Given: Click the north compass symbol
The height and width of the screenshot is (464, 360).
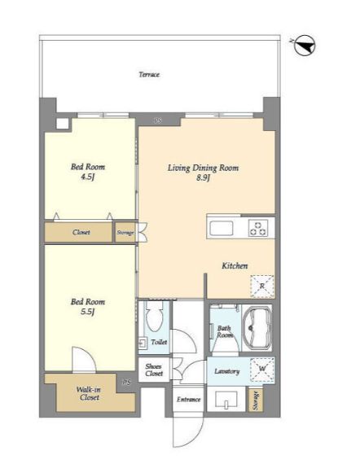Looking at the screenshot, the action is [x=305, y=46].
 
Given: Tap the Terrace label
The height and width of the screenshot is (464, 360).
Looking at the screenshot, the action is [x=149, y=75].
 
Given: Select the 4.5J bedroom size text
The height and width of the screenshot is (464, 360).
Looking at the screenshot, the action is [x=88, y=177].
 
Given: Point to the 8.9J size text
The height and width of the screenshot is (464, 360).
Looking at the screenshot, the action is [x=203, y=178].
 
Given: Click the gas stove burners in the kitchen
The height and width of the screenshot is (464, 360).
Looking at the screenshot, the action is [x=258, y=228].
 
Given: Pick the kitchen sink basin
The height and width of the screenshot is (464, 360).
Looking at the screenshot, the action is [x=222, y=228].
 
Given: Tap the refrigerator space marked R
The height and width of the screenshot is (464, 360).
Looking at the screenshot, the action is [x=262, y=287].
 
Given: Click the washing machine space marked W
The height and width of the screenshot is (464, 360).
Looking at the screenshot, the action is [x=262, y=370].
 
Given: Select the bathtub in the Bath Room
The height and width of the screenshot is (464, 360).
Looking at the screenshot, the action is [x=257, y=328].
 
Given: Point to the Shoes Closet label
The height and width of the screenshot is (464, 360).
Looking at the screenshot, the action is [x=154, y=370].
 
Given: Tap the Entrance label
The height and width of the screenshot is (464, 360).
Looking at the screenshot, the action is [x=189, y=400].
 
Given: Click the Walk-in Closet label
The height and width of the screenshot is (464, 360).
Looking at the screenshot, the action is [x=89, y=393].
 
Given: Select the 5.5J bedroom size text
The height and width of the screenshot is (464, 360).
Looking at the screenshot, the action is [x=88, y=312].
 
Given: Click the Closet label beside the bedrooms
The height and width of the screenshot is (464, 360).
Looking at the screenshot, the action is [x=81, y=232].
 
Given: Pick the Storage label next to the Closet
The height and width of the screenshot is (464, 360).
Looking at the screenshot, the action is [x=125, y=233].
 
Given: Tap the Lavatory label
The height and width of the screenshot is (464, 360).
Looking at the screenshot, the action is [x=226, y=371].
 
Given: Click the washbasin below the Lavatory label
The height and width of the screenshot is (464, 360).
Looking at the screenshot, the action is [x=226, y=400].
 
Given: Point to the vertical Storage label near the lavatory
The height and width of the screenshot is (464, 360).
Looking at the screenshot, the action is [x=256, y=401].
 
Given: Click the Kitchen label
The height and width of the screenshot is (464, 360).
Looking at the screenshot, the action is [x=235, y=265].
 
